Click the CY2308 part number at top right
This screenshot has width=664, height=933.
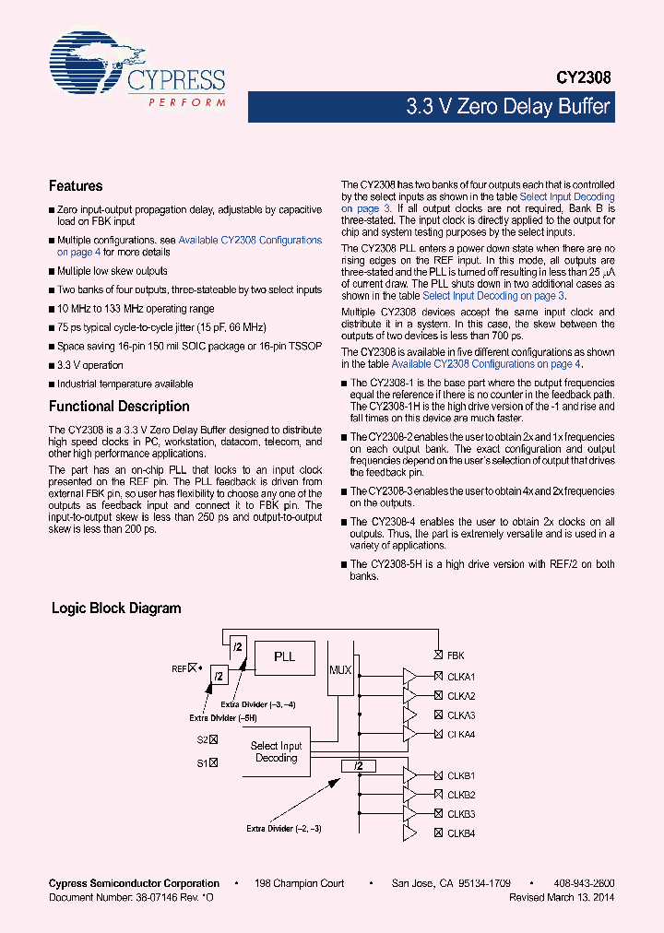coord(584,80)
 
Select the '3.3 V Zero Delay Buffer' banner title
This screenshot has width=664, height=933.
coord(507,107)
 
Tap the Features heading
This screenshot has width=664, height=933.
coord(76,186)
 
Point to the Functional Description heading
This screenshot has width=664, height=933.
coord(119,407)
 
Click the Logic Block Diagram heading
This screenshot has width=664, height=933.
coord(116,608)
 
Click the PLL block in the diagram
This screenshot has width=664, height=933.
coord(285,656)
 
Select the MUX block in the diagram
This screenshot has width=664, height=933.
coord(340,669)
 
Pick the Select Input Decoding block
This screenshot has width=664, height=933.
coord(277,752)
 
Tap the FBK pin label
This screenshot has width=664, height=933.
coord(456,656)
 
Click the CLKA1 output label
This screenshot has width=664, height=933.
coord(461,677)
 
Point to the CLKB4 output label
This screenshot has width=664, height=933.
coord(461,833)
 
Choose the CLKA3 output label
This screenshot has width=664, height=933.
coord(461,715)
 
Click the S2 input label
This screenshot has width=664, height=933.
coord(202,739)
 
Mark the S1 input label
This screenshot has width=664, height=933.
coord(202,762)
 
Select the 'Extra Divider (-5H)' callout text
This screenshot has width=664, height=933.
coord(223,717)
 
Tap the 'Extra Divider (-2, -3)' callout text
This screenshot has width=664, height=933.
coord(283,829)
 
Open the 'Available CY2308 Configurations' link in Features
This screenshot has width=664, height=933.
coord(250,240)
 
